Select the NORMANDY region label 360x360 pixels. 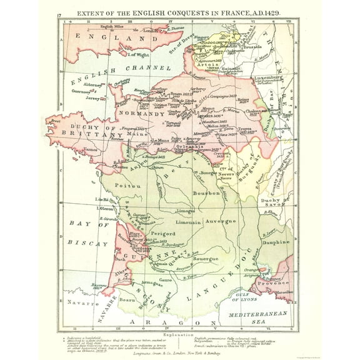(x=142, y=115)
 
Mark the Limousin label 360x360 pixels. (x=187, y=222)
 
